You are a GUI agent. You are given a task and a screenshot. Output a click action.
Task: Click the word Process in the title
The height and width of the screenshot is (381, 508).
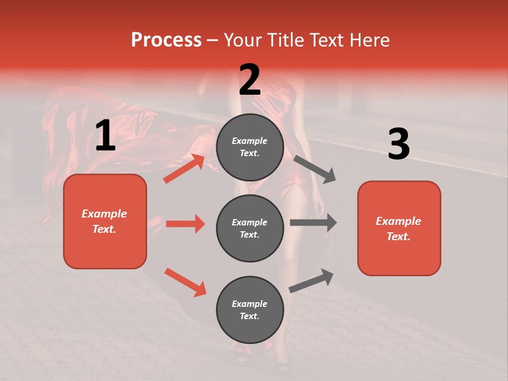click(166, 40)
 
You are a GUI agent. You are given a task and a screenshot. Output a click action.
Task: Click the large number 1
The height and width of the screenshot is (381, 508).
click(105, 135)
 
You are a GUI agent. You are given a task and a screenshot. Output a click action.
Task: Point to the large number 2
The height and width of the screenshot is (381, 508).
click(250, 79)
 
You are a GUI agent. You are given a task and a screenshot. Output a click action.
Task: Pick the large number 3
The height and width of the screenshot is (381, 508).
click(398, 144)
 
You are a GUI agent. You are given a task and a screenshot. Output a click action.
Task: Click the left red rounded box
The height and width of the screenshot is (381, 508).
click(105, 221)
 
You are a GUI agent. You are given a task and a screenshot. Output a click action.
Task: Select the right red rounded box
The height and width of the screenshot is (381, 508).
click(399, 229)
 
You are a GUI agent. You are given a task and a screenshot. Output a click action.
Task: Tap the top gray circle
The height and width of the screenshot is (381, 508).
click(250, 147)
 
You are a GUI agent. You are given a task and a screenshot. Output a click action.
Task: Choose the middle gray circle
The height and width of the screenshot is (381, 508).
click(250, 228)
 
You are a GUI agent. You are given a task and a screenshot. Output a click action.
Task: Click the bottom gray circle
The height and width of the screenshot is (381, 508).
click(250, 310)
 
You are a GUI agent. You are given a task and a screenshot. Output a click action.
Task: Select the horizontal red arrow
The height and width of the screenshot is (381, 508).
click(185, 224)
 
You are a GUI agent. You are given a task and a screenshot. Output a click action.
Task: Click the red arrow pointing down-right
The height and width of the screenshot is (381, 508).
click(185, 282)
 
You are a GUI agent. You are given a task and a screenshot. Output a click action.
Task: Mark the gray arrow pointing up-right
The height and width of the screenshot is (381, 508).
click(311, 280)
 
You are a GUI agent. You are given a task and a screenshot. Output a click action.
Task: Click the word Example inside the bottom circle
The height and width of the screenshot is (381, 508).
click(250, 304)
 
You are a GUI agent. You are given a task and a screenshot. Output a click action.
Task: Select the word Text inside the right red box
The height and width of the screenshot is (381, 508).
click(397, 237)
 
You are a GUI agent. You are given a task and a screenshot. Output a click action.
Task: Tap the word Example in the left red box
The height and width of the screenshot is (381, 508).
click(104, 214)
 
